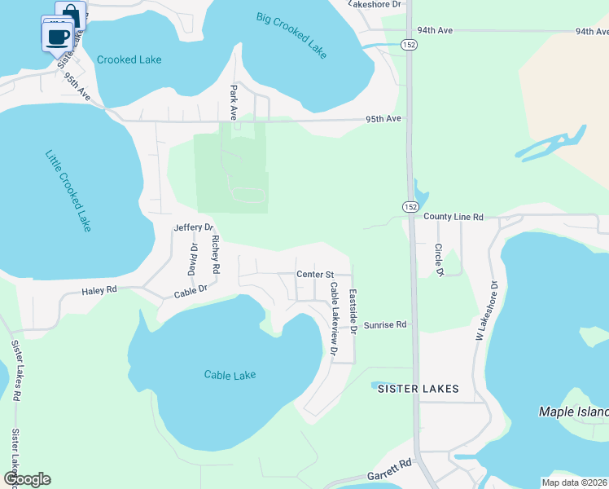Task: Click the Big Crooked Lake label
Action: point(291,35)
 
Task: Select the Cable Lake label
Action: point(230,375)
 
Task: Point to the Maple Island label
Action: point(573,412)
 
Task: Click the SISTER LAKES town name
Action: point(418,390)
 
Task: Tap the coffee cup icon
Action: point(57,36)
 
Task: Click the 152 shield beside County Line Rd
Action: point(408,206)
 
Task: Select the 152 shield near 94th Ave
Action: point(411,46)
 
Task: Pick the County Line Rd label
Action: point(453,218)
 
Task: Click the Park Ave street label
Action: point(234,103)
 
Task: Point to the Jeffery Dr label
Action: point(193,227)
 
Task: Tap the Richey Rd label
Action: point(216,254)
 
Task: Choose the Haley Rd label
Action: point(99,290)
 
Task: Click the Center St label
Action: point(316,275)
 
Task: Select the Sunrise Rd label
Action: point(384,324)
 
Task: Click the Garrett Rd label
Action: point(390,469)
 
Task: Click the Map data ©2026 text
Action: point(573,482)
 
